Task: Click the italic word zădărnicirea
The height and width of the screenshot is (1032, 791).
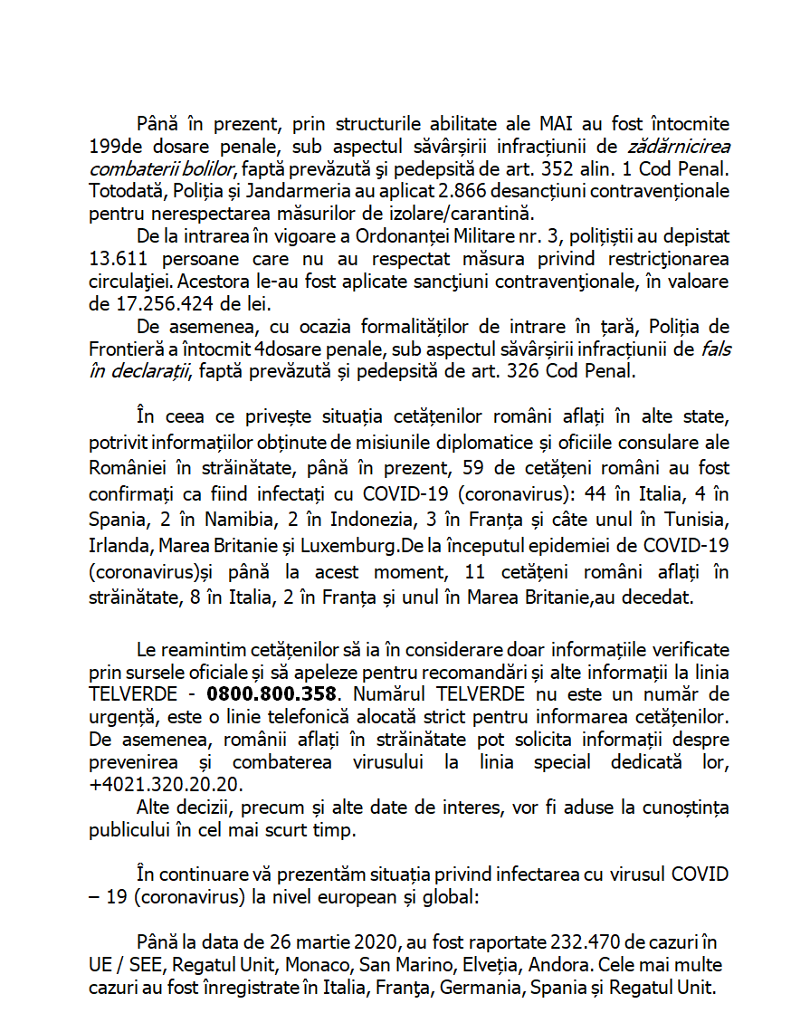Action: [x=675, y=146]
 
